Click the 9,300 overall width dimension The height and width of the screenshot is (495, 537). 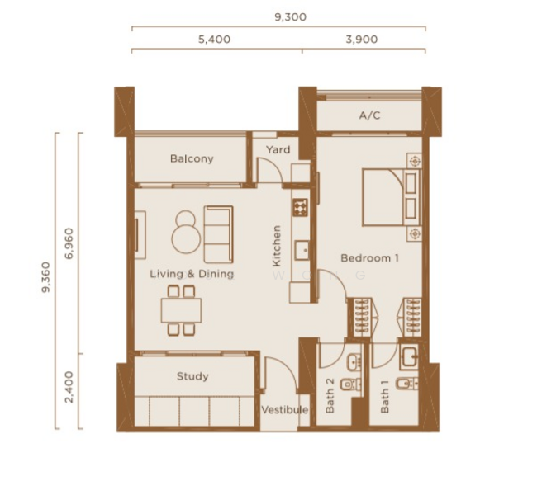click(x=289, y=16)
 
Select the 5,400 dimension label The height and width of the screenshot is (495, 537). click(x=214, y=39)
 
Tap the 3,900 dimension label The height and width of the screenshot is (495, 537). click(x=364, y=39)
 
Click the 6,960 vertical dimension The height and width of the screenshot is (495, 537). click(x=68, y=244)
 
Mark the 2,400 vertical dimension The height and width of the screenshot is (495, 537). click(x=68, y=386)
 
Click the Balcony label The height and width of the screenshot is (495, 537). click(x=192, y=158)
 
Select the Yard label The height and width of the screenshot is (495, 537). click(x=278, y=149)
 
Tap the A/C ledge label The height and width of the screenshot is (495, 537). click(x=369, y=116)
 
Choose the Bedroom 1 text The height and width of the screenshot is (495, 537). click(x=370, y=258)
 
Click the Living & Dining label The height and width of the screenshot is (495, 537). click(x=192, y=273)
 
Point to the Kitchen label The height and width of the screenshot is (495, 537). click(x=277, y=245)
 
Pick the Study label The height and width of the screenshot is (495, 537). click(x=192, y=376)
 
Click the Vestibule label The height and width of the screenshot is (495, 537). click(x=285, y=410)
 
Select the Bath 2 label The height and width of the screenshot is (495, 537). click(x=330, y=400)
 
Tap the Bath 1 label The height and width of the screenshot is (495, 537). click(x=385, y=400)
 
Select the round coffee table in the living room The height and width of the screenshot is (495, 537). click(x=185, y=237)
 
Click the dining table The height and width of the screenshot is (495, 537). click(x=181, y=310)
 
